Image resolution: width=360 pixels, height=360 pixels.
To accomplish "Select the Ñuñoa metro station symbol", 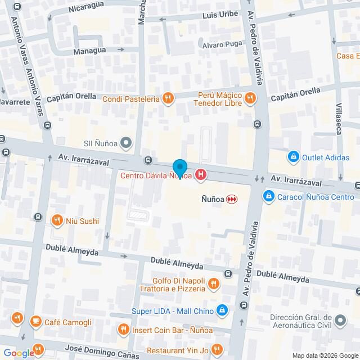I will coord(231,199).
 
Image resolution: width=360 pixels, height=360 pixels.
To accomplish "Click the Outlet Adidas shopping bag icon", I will coord(292,156).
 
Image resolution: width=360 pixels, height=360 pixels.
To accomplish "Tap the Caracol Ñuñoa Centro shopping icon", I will coord(269,196).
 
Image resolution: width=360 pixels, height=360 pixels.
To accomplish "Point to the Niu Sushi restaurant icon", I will coord(56,220).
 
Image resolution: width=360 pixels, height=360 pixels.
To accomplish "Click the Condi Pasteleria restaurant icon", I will coord(167,99).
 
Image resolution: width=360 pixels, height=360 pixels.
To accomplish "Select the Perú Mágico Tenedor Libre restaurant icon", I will coord(250,100).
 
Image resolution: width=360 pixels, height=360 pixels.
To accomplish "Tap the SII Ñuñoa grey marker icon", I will coord(126,142).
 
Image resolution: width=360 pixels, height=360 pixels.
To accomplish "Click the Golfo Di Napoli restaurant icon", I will coord(213,285).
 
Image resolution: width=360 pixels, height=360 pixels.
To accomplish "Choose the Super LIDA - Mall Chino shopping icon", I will coord(223,310).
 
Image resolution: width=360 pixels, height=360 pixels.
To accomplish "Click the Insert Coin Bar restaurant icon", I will coord(123,328).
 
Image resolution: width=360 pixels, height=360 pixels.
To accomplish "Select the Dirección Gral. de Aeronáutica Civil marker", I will coord(340,321).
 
